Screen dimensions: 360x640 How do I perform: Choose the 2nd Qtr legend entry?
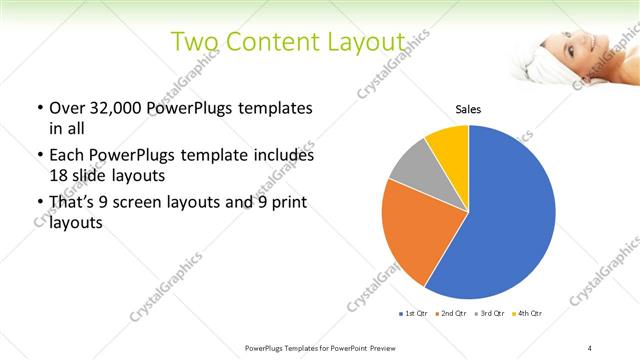454,314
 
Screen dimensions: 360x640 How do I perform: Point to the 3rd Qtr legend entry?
492,314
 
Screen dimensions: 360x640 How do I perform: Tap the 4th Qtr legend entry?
529,314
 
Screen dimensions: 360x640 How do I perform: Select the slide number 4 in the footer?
590,347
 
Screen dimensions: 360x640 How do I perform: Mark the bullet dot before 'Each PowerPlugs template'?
39,156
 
